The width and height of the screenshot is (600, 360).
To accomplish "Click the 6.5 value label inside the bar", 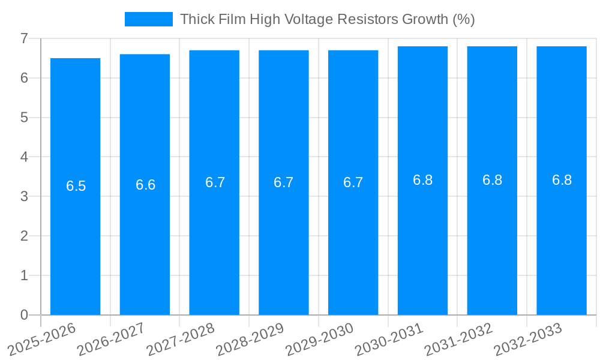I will (x=76, y=186).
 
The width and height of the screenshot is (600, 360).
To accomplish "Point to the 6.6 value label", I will (x=146, y=185).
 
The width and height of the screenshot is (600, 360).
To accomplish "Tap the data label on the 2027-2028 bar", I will (x=215, y=182).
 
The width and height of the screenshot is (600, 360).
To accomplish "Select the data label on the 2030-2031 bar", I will (x=422, y=180).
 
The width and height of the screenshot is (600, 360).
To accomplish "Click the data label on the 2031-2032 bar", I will (x=492, y=180).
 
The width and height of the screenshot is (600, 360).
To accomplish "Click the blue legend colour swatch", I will (x=148, y=19).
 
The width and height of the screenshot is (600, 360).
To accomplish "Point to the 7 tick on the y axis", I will (x=24, y=38).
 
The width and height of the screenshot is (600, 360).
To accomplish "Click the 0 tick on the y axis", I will (x=24, y=315).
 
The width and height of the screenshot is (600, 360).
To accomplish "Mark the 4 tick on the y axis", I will (x=24, y=157).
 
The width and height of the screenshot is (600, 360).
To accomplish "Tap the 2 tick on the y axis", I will (x=24, y=236).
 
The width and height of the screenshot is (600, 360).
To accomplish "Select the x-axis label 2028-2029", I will (x=250, y=340).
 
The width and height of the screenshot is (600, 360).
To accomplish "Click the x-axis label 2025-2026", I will (x=41, y=340).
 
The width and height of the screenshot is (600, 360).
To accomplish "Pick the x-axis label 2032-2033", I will (x=527, y=340).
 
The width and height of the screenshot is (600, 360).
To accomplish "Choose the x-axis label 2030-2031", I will (x=389, y=340).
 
